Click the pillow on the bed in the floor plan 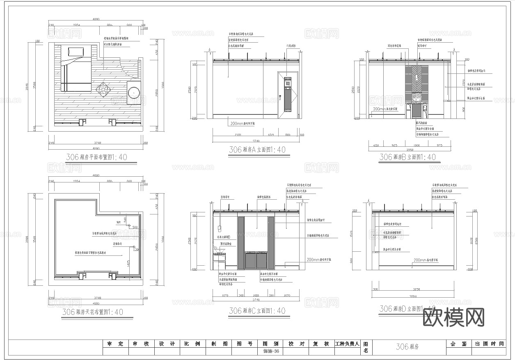(76, 51)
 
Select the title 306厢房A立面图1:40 (257, 150)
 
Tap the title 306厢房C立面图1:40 (257, 311)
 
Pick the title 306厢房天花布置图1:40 (93, 312)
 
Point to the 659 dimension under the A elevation (271, 134)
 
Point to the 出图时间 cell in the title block (489, 344)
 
